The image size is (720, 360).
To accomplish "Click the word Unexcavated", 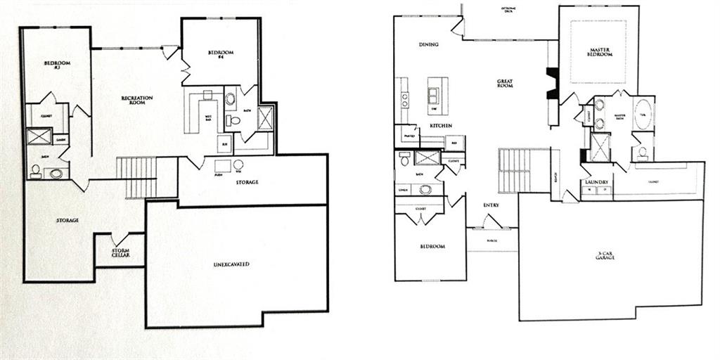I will tap(232, 264).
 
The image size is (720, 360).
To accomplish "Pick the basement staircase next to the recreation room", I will tap(136, 177).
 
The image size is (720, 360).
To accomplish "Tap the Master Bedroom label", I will tap(599, 53).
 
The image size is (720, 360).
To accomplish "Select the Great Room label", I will tap(504, 83).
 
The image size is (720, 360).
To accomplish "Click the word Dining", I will tap(429, 45).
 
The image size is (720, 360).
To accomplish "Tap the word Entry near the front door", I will tap(491, 205).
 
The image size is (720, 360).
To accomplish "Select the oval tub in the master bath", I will tap(643, 115).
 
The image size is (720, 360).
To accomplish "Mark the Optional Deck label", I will tap(510, 10).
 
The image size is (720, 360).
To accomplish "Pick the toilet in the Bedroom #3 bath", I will tap(35, 170).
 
